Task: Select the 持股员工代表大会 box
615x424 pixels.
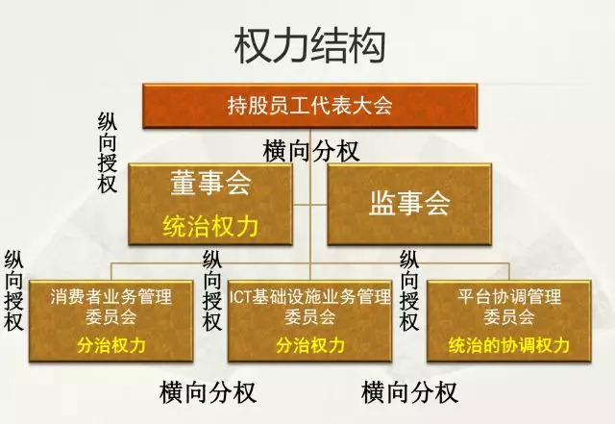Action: pos(310,106)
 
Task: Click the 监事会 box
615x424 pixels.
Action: pos(409,203)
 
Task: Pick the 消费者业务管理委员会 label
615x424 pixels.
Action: pos(111,306)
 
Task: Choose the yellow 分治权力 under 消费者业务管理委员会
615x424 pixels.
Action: pos(111,343)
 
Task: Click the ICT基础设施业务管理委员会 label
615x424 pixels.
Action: pos(309,306)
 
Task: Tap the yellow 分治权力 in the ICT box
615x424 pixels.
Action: pos(309,343)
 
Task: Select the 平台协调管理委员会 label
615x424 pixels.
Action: pos(509,306)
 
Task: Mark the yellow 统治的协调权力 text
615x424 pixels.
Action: pos(509,343)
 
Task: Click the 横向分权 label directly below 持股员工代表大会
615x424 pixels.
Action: pos(311,150)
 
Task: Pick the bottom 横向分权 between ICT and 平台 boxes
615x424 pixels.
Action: pos(409,392)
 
